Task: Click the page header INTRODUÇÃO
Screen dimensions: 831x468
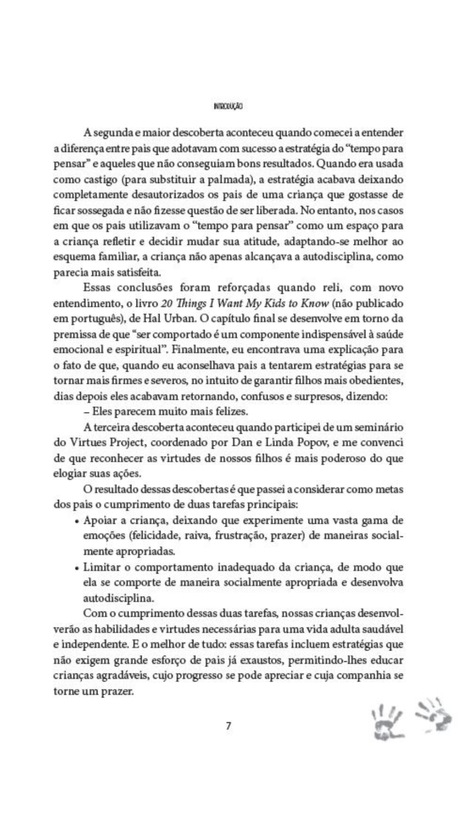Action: tap(228, 107)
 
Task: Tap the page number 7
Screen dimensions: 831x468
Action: tap(229, 726)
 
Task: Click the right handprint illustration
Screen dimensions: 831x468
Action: tap(433, 714)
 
